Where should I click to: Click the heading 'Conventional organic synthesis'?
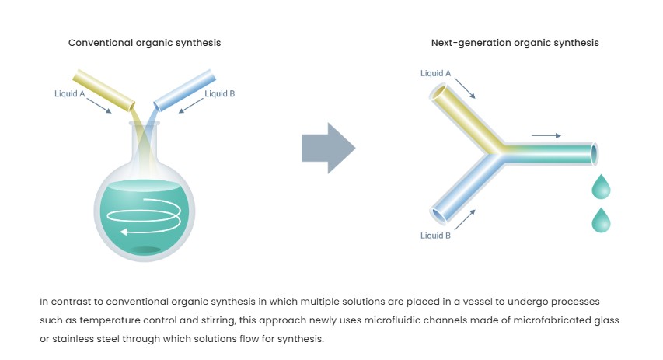point(145,43)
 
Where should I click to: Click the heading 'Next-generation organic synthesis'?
point(515,43)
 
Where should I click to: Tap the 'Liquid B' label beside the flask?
point(220,94)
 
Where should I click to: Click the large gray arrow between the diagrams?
point(327,147)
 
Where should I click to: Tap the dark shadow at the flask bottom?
point(145,249)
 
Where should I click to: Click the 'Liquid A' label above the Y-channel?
point(435,74)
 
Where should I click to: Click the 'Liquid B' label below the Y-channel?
point(435,236)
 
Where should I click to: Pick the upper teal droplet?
point(601,187)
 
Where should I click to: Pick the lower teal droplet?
point(601,220)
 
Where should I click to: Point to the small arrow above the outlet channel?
point(546,135)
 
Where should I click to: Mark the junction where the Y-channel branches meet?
point(496,152)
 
